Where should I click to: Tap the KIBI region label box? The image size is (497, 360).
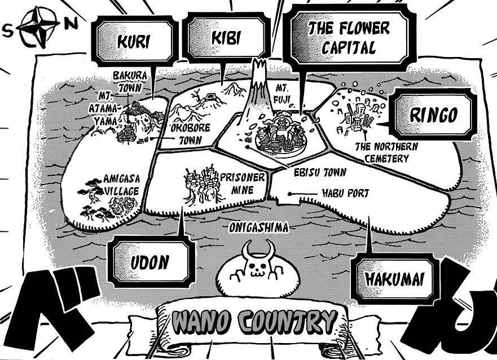tap(226, 38)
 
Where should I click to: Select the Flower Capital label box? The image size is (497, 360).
tap(348, 37)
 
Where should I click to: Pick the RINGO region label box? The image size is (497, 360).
tap(433, 115)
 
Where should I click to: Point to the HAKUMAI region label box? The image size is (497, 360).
tap(394, 279)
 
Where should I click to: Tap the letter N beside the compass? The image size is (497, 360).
tap(71, 24)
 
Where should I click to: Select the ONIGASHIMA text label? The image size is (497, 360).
tap(259, 227)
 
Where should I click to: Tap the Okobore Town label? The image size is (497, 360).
tap(190, 134)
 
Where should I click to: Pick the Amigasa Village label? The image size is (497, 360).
tap(121, 185)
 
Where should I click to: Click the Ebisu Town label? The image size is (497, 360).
tap(320, 172)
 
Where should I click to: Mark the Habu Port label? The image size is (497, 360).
tap(345, 194)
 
